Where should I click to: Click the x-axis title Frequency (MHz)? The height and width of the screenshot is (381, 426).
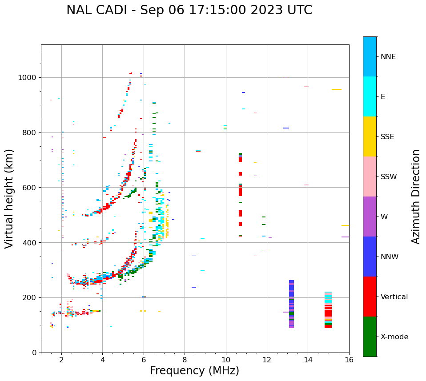pyautogui.click(x=194, y=371)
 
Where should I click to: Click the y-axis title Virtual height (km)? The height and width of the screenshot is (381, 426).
pyautogui.click(x=9, y=198)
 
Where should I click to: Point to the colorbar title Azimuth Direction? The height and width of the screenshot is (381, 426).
pyautogui.click(x=416, y=196)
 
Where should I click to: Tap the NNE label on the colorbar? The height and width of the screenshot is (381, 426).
pyautogui.click(x=388, y=57)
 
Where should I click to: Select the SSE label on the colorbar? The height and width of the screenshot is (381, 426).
pyautogui.click(x=387, y=137)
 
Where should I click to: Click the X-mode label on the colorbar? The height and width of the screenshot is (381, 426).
pyautogui.click(x=394, y=337)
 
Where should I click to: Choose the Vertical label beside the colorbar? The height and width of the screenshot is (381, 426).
pyautogui.click(x=394, y=297)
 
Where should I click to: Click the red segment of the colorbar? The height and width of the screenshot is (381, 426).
pyautogui.click(x=370, y=297)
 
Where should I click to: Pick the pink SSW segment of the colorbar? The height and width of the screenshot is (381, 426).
pyautogui.click(x=370, y=176)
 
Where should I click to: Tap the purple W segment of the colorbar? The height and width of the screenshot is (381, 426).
pyautogui.click(x=370, y=217)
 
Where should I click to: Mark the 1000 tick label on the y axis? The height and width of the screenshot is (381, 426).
pyautogui.click(x=28, y=78)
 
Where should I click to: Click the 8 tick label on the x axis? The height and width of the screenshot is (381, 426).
pyautogui.click(x=185, y=360)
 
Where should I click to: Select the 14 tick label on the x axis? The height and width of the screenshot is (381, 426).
pyautogui.click(x=308, y=360)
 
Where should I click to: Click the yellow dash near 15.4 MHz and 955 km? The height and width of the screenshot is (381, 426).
pyautogui.click(x=336, y=89)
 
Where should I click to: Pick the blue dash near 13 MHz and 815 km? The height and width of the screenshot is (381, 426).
pyautogui.click(x=286, y=128)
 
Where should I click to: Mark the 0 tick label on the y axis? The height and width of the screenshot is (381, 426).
pyautogui.click(x=34, y=353)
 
